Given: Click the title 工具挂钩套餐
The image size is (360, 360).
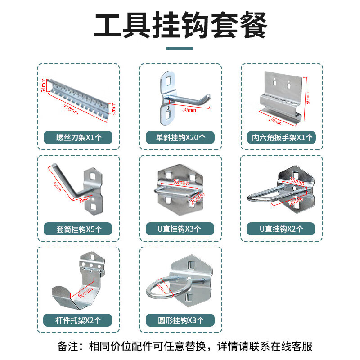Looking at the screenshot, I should [180, 26].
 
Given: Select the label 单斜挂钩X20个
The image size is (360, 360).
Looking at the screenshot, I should [180, 137].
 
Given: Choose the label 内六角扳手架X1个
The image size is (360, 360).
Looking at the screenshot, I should [282, 137].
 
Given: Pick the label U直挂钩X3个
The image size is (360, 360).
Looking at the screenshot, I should [180, 229].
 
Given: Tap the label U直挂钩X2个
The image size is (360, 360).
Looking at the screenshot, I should [282, 229].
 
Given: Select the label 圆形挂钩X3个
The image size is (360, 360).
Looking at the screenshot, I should [180, 320].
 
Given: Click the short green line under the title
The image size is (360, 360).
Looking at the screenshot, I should [180, 49].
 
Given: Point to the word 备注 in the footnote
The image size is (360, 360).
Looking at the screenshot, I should [68, 346].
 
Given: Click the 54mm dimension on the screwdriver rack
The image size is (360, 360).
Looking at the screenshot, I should [43, 85].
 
